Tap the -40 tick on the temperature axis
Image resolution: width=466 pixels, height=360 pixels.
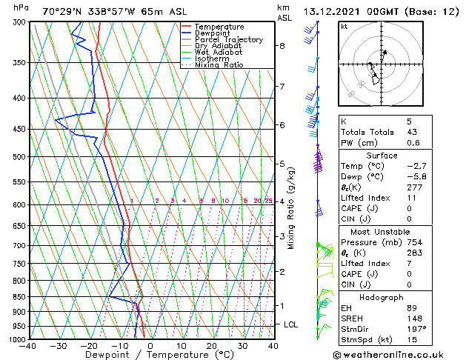click(x=29, y=345)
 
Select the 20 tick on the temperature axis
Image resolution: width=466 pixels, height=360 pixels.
click(x=212, y=345)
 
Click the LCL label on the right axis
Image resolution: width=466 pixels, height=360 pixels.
click(x=291, y=324)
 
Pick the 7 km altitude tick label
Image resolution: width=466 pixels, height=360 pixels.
click(x=282, y=87)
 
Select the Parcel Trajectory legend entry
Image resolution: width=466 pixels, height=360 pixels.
click(x=228, y=40)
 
